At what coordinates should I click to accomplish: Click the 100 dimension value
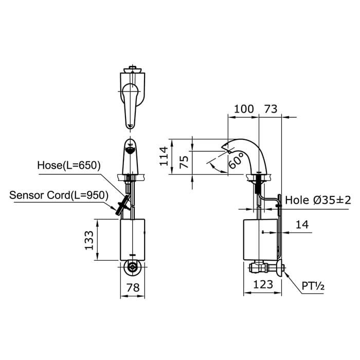point(244,109)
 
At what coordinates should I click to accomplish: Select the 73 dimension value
point(271,109)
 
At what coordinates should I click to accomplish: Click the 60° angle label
point(235,162)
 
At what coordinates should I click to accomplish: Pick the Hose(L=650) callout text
point(69,165)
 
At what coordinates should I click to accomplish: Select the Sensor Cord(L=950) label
point(58,195)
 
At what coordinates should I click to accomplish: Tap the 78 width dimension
point(133,288)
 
